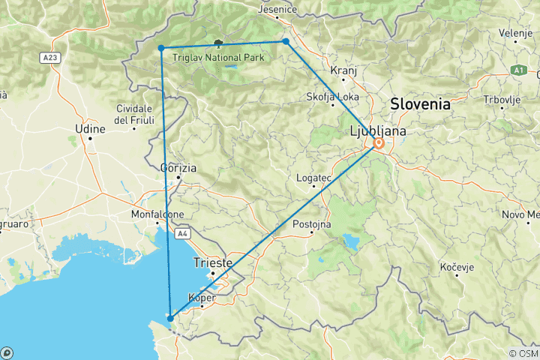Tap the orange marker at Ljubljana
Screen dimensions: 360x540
point(379,143)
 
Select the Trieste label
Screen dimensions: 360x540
point(213,262)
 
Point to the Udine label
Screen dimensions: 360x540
point(90,130)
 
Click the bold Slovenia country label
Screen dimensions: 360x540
point(418,104)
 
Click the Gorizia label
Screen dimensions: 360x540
point(178,168)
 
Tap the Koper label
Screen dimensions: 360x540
point(203,298)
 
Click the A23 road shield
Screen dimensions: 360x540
point(51,57)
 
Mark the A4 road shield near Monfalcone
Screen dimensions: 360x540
point(182,234)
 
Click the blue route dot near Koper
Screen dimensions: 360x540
point(171,319)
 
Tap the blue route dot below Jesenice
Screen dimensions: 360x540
point(286,41)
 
